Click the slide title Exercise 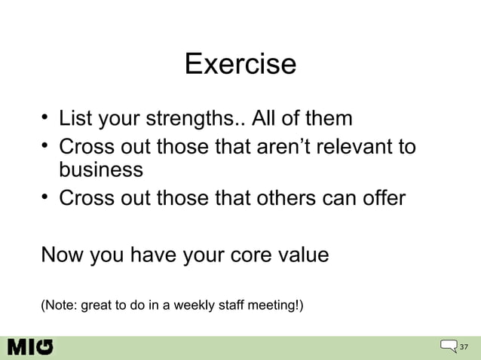(x=240, y=63)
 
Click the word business (x=101, y=169)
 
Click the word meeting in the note (x=274, y=305)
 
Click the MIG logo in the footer (x=31, y=347)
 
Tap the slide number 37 (x=464, y=347)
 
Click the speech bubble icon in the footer (x=449, y=346)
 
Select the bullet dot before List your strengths (x=46, y=117)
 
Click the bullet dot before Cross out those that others (x=46, y=197)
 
